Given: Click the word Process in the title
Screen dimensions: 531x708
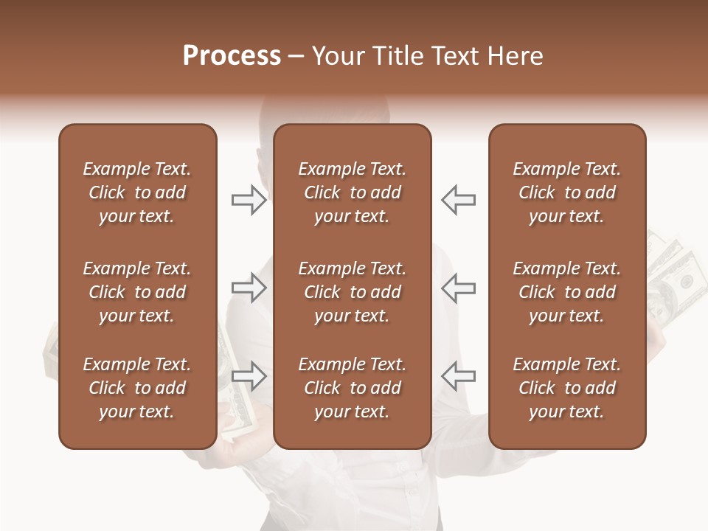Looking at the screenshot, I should click(232, 56).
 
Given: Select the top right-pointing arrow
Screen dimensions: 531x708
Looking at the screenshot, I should click(249, 200).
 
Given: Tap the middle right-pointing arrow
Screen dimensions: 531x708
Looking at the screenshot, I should click(249, 288).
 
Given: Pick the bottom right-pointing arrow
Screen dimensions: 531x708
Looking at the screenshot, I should click(249, 376).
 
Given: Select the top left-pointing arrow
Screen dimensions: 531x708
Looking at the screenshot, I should click(458, 200).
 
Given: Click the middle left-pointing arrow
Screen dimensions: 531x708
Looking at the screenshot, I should click(458, 288).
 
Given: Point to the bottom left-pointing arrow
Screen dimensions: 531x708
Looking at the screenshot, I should click(458, 376).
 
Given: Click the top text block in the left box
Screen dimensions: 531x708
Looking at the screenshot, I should click(137, 192).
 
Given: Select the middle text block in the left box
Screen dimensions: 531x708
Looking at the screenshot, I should click(137, 292).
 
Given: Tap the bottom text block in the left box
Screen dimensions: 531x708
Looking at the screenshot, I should click(137, 388).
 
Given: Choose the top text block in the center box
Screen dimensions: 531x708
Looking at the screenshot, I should click(353, 192).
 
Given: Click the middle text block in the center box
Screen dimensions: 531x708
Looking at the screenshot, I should click(353, 292).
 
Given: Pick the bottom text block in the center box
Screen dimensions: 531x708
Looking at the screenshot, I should click(353, 388).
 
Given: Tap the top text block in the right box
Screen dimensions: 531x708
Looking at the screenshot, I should click(567, 192).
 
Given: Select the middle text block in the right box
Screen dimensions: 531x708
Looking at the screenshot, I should click(567, 292).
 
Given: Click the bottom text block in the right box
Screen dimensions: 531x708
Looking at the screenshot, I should click(567, 388).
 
